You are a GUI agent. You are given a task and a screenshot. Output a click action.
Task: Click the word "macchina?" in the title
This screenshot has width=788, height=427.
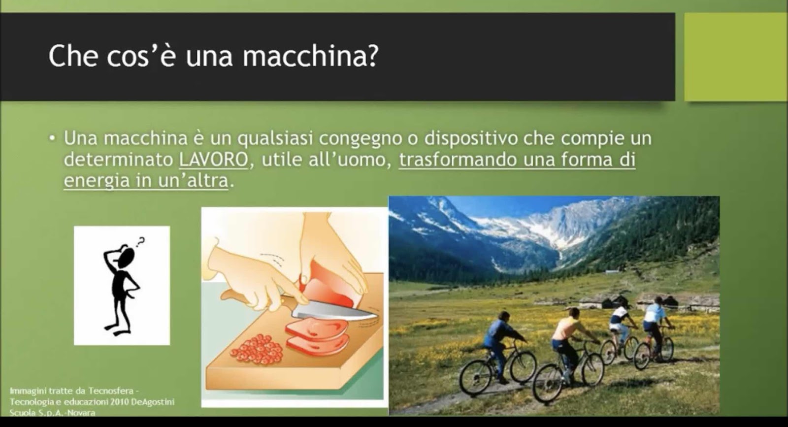pos(311,57)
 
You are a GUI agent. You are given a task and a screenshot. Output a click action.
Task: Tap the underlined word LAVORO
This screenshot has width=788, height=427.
pos(214,160)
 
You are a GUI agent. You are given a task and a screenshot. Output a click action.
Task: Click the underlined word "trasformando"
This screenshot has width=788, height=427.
pos(458,160)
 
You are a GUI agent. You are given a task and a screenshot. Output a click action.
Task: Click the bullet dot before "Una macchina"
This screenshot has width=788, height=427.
pos(52,138)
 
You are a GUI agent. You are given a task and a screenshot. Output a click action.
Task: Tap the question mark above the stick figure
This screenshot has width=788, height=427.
pos(140,242)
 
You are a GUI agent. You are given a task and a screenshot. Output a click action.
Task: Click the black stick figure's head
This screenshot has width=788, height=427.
pos(126,257)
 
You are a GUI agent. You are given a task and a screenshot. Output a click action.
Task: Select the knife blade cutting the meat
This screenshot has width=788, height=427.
pos(334,312)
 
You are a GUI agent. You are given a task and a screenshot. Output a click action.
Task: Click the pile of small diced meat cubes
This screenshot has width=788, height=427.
pos(257,349)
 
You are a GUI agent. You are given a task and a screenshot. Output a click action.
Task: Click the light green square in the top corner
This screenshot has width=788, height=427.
pos(736,57)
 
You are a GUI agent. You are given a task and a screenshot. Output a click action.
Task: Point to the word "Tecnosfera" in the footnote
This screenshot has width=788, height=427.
pos(111,391)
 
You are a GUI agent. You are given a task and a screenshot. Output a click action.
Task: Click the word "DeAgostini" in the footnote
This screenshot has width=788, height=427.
pos(153,402)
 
